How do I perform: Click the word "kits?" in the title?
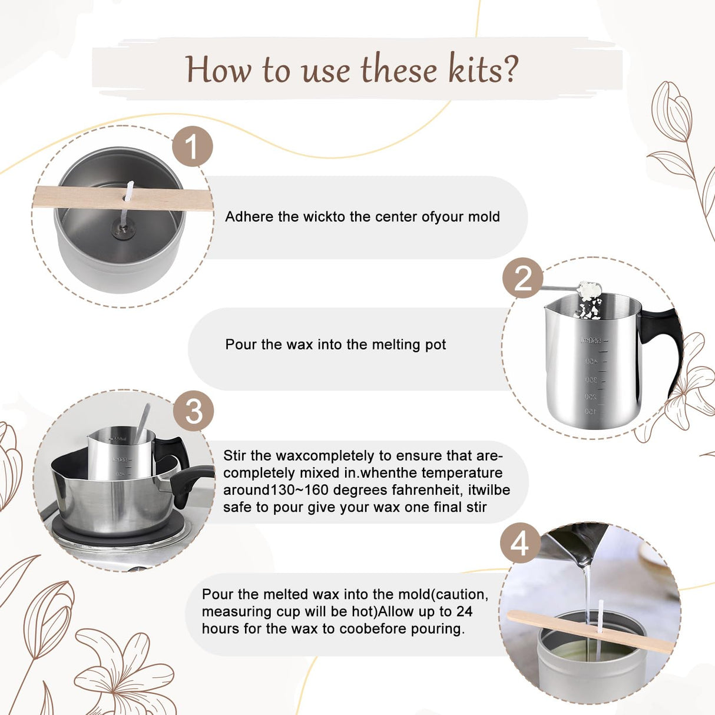click(x=483, y=69)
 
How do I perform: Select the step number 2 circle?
click(x=522, y=278)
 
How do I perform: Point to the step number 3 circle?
click(x=194, y=411)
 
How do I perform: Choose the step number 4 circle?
click(x=520, y=543)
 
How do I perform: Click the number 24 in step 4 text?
click(x=464, y=611)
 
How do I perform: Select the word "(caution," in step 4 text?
click(x=461, y=594)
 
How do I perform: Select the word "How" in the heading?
click(x=218, y=69)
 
